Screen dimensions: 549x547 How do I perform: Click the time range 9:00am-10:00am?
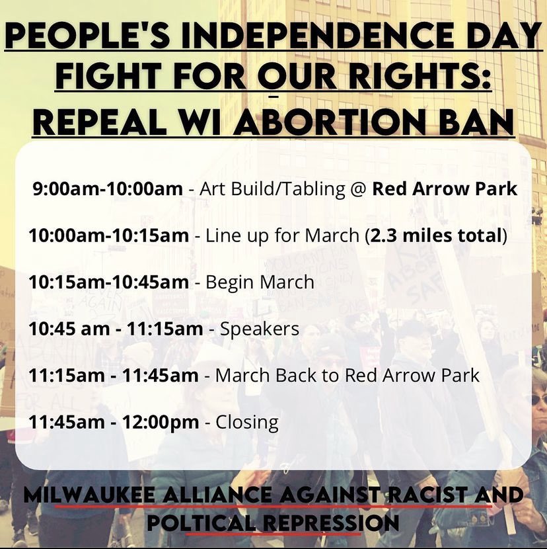[x=108, y=189]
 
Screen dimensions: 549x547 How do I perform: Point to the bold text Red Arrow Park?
[x=445, y=189]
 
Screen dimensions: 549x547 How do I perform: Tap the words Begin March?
[x=260, y=282]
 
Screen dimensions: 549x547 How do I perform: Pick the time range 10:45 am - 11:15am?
[x=115, y=329]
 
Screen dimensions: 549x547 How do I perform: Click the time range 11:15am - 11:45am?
[x=113, y=376]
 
